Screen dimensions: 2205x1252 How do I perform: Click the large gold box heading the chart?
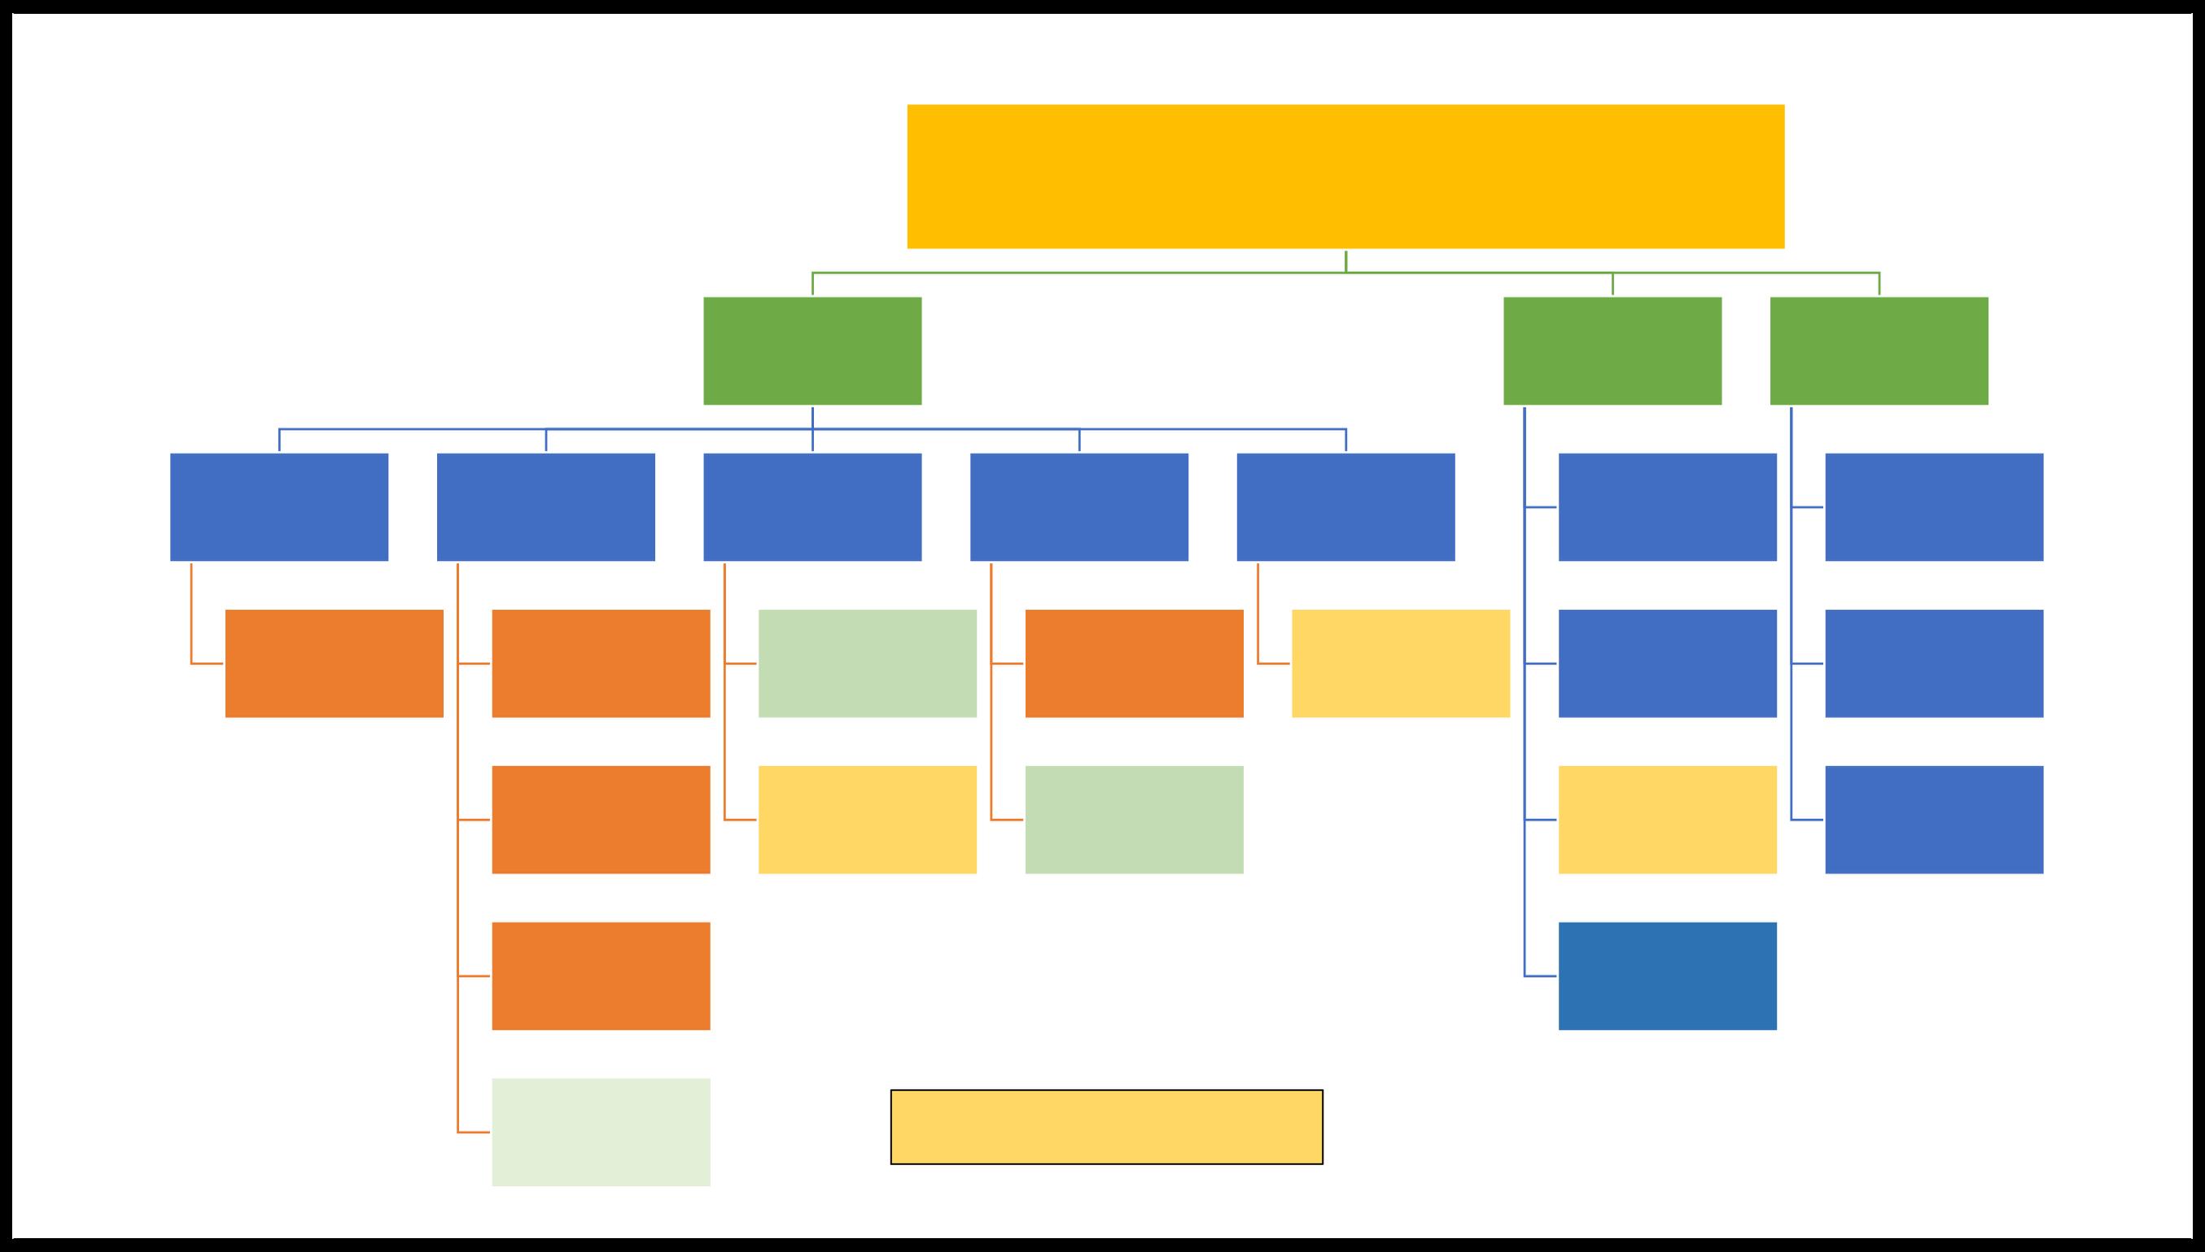pos(1345,177)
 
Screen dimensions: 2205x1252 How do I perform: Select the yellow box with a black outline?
pos(1106,1127)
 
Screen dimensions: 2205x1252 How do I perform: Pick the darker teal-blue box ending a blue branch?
pos(1667,976)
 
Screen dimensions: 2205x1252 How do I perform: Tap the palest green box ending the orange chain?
pos(601,1132)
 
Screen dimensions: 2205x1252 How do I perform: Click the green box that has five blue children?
pos(812,351)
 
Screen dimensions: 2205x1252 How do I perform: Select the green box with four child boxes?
pos(1612,351)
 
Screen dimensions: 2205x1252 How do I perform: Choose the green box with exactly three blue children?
pos(1879,351)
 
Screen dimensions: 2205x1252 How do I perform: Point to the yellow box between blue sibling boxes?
pos(1667,820)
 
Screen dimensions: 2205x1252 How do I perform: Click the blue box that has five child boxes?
pos(546,507)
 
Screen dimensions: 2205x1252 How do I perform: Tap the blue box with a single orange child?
pos(279,507)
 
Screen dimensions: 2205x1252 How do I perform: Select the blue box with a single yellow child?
pos(1345,507)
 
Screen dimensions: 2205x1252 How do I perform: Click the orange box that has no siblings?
pos(335,663)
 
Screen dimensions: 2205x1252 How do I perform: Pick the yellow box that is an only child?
pos(1400,663)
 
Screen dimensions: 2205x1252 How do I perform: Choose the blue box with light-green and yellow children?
pos(812,507)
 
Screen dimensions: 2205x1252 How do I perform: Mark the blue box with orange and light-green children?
pos(1078,507)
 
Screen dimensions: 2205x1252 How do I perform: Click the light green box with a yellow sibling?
pos(868,663)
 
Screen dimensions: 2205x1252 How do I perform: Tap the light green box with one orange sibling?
pos(1134,820)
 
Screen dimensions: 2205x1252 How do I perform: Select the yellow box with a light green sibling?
pos(868,820)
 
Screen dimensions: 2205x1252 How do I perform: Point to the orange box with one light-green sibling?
pos(1134,663)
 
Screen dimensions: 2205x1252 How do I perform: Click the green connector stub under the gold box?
pos(1345,261)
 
